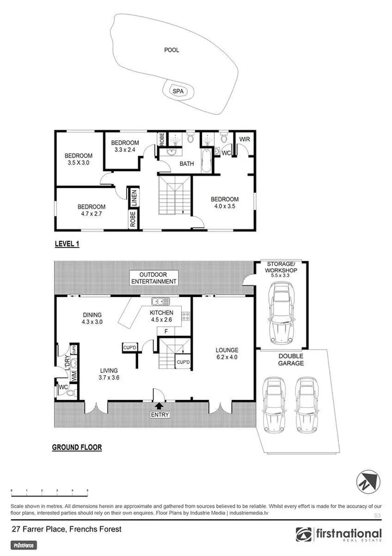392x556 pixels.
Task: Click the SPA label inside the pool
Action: (x=177, y=92)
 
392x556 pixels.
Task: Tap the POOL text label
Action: (x=171, y=49)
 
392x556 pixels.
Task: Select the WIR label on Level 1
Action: (x=245, y=139)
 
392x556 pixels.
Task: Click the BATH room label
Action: (x=187, y=165)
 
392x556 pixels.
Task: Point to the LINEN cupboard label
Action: (x=133, y=196)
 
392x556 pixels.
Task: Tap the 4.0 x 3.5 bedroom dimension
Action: (x=224, y=207)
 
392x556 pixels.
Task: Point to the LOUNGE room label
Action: (x=227, y=349)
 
